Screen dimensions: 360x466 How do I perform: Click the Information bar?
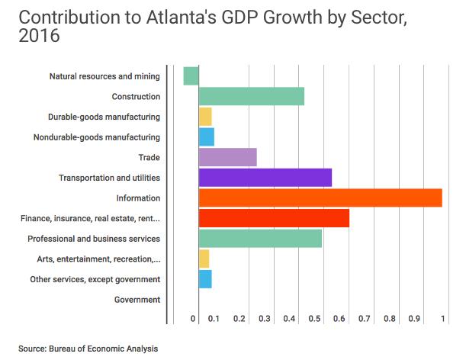click(x=320, y=198)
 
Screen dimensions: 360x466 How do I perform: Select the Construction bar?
click(x=251, y=97)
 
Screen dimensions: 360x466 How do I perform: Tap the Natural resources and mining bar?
click(x=191, y=76)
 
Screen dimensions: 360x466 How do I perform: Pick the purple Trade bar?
click(x=227, y=157)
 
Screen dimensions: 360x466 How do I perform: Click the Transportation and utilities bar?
click(x=265, y=178)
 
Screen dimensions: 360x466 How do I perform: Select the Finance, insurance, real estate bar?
click(x=274, y=218)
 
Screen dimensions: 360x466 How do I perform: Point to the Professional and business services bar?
click(x=260, y=239)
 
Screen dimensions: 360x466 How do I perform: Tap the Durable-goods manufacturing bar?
click(x=205, y=117)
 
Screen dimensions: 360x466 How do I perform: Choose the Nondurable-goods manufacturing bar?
click(x=206, y=137)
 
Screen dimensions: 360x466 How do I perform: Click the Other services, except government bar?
click(x=205, y=279)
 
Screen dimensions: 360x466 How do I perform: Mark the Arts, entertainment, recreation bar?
click(x=204, y=259)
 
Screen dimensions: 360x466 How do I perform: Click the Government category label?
click(x=137, y=300)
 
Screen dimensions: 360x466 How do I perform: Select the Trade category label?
click(x=149, y=158)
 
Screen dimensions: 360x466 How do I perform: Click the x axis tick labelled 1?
click(x=443, y=317)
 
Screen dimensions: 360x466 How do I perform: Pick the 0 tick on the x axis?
click(x=194, y=317)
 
